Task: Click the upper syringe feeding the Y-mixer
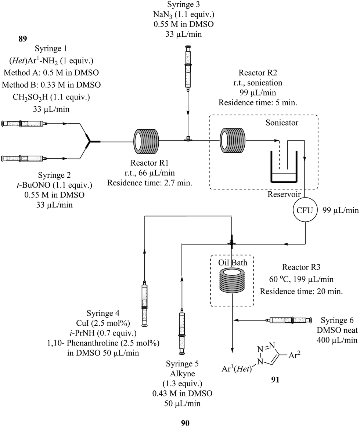click(x=23, y=124)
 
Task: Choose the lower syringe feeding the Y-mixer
click(x=23, y=158)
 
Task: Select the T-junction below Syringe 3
click(x=188, y=140)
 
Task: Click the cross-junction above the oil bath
click(x=232, y=242)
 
